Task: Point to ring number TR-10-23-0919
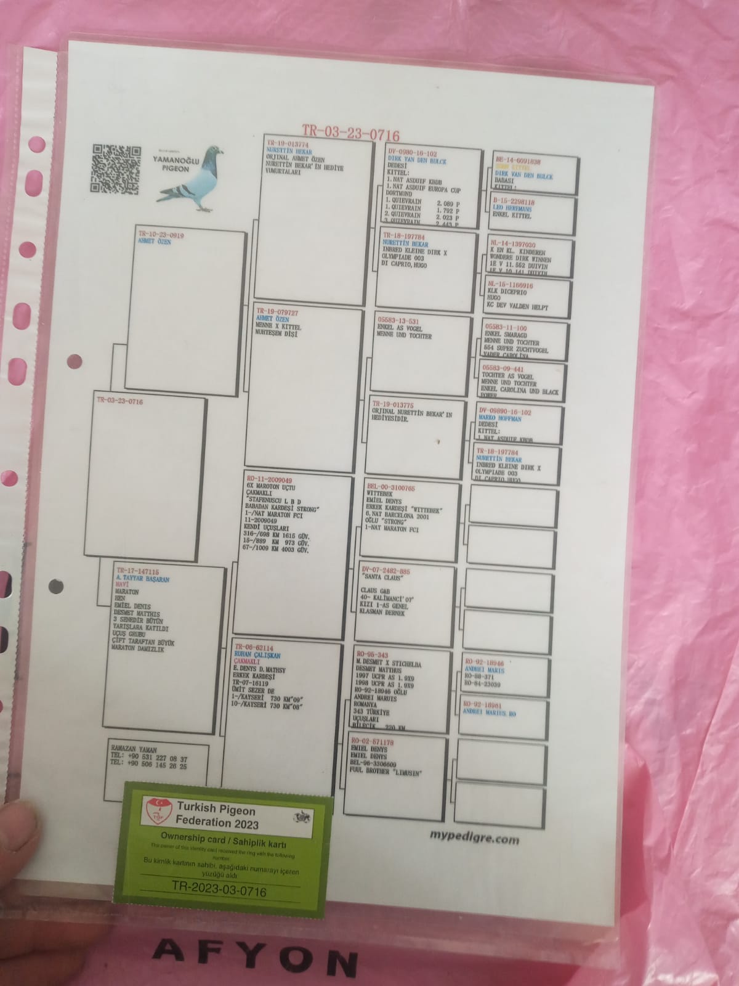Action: [x=161, y=235]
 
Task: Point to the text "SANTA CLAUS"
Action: [x=383, y=578]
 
